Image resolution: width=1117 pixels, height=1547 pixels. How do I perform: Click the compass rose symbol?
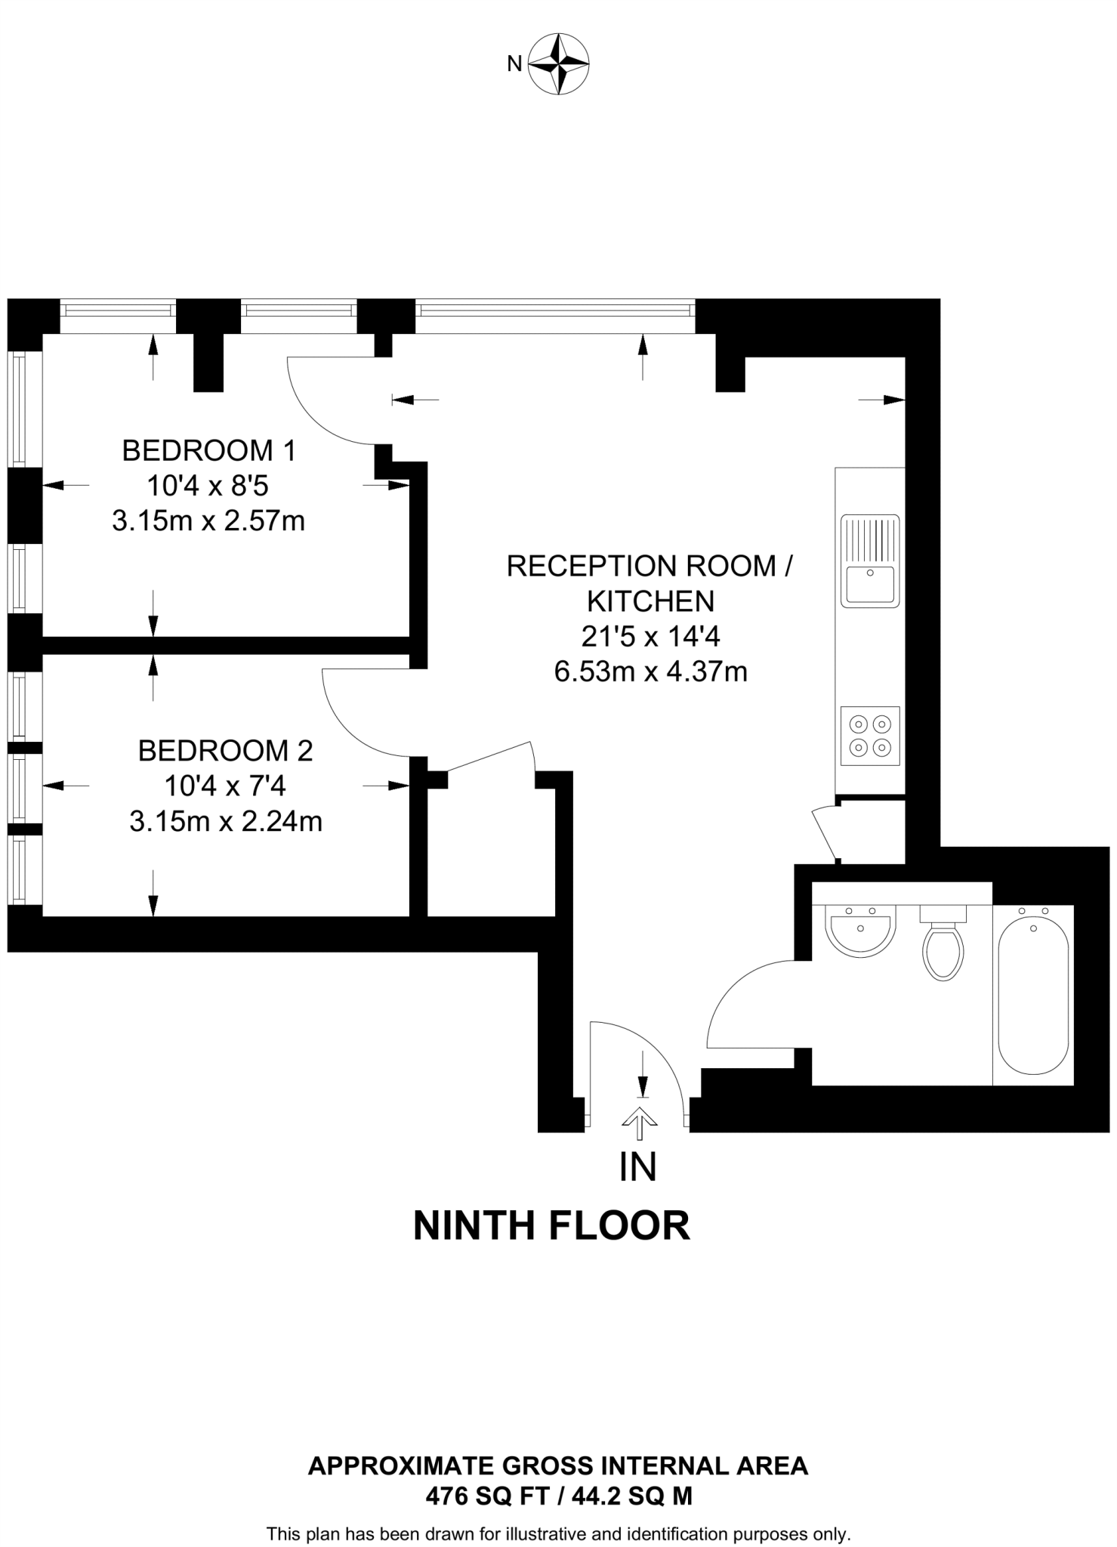click(558, 64)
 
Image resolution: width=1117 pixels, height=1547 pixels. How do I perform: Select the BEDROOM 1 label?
click(208, 451)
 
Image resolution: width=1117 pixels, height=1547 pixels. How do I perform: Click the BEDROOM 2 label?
click(225, 751)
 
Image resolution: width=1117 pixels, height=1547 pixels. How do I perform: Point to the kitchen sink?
click(870, 561)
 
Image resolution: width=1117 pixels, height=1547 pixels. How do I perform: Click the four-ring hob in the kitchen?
click(870, 736)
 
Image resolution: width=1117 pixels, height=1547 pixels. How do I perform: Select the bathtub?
click(1033, 994)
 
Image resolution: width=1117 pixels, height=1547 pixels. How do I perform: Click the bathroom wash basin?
click(860, 930)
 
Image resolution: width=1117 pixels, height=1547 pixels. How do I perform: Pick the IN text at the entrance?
click(637, 1168)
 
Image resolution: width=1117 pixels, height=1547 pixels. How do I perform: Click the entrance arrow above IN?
click(639, 1122)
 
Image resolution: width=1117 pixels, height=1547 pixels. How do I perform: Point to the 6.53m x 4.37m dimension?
click(650, 672)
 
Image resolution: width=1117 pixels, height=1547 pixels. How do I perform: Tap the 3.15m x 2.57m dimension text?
click(208, 521)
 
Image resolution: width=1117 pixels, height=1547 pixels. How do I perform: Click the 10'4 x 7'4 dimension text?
click(225, 786)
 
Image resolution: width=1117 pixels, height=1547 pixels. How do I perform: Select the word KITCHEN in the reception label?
click(650, 601)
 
